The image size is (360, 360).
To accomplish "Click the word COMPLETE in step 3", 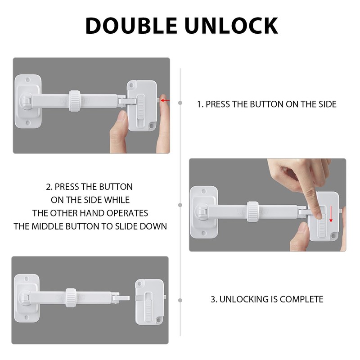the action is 303,299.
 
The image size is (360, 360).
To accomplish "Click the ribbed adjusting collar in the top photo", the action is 75,101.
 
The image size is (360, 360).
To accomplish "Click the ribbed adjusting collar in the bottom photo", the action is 71,298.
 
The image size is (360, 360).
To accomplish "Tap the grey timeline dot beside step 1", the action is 180,103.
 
